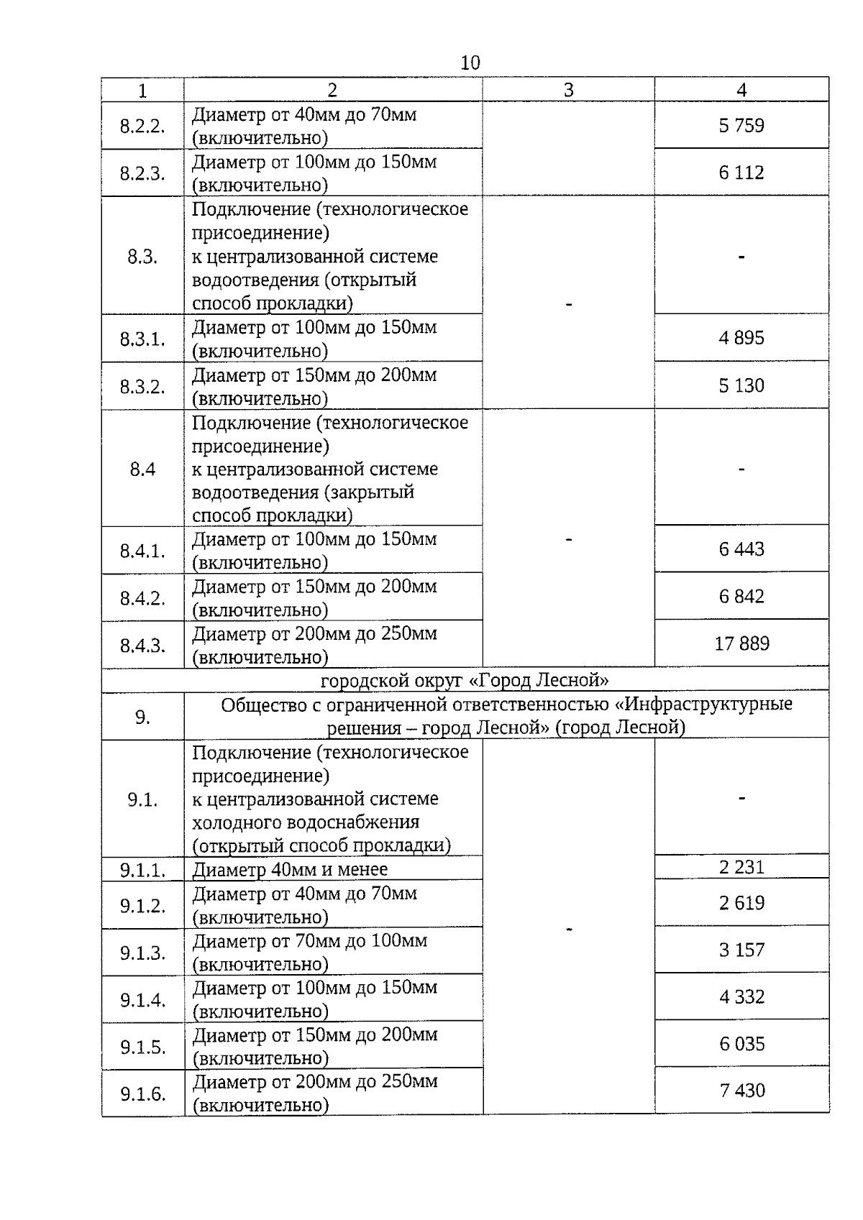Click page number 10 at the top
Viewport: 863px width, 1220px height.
coord(470,63)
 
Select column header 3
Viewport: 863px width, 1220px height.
coord(568,90)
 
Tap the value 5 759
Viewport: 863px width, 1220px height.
coord(741,126)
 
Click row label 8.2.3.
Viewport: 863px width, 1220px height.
coord(142,174)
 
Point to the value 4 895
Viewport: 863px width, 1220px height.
coord(741,338)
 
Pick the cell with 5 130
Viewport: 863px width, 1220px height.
coord(741,386)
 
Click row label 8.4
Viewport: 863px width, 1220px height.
coord(142,469)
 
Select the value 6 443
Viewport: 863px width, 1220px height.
coord(741,549)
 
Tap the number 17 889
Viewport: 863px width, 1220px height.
coord(741,643)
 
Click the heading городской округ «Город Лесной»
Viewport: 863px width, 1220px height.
coord(465,680)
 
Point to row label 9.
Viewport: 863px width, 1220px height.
coord(142,717)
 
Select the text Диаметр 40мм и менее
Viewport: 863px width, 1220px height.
coord(290,869)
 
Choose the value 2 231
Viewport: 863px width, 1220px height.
coord(741,867)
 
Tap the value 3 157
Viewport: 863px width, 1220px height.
coord(741,950)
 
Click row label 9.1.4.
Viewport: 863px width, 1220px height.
coord(142,1000)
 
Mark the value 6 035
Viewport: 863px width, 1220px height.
coord(741,1044)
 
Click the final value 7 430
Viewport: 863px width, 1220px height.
coord(741,1091)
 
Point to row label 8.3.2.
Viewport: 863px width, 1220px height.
coord(142,387)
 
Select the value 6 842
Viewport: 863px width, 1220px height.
coord(741,597)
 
